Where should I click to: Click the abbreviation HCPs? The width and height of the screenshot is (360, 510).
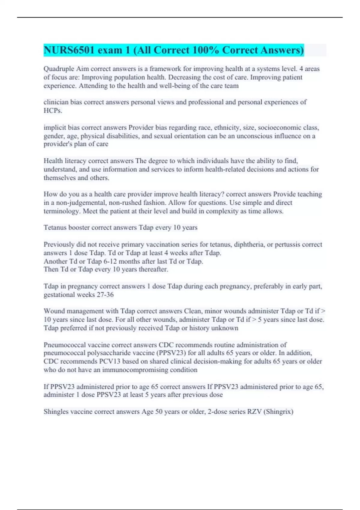[53, 111]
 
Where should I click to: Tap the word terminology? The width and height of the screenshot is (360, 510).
[61, 211]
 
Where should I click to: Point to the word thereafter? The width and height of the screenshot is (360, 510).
[153, 269]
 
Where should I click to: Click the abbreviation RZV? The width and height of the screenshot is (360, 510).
[254, 412]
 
